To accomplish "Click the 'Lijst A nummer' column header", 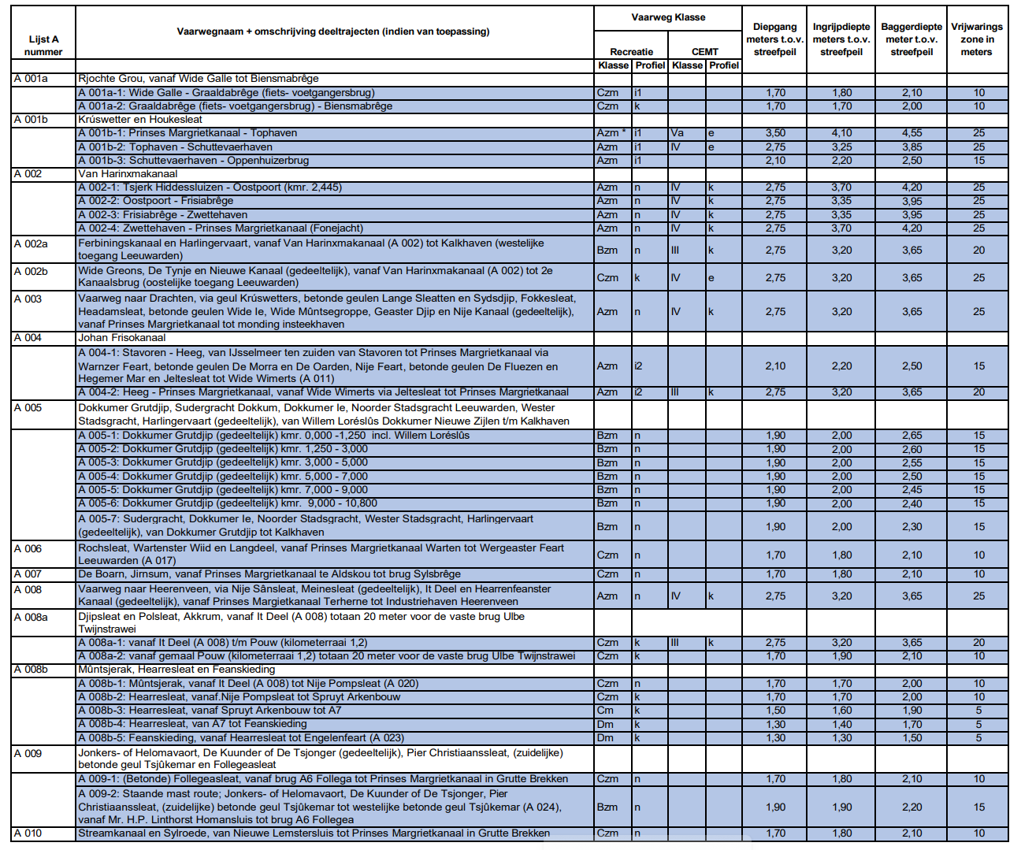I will (x=43, y=46).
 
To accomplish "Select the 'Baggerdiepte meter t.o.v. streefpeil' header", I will (x=911, y=39).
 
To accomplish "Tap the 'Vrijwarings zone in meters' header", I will (x=976, y=39).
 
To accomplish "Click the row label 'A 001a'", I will (x=31, y=79).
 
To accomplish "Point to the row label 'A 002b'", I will (x=31, y=271).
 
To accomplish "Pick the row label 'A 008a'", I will (x=31, y=617).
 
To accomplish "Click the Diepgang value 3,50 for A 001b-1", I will (x=775, y=133).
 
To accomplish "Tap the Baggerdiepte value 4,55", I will (x=911, y=133).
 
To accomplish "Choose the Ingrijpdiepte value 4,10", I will (x=841, y=133).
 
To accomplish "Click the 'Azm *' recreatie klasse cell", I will (x=611, y=133).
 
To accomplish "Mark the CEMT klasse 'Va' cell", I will (x=677, y=133).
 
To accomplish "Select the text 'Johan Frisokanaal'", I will (x=121, y=338).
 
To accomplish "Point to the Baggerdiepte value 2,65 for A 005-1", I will (x=911, y=436).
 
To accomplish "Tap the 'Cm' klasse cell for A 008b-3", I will (x=605, y=711).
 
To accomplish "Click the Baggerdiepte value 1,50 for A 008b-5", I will (x=911, y=738).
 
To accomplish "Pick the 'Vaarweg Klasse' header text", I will (x=668, y=17).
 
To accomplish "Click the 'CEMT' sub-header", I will (x=704, y=52).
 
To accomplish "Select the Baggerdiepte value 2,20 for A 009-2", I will (x=911, y=807).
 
